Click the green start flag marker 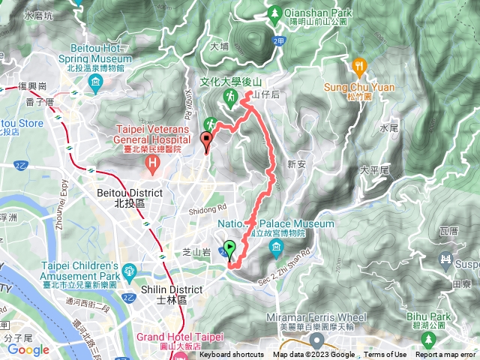tap(229, 247)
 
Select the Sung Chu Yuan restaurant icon tap(360, 66)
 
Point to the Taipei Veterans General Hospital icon tap(153, 163)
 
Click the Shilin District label tap(171, 289)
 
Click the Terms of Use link tap(385, 355)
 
